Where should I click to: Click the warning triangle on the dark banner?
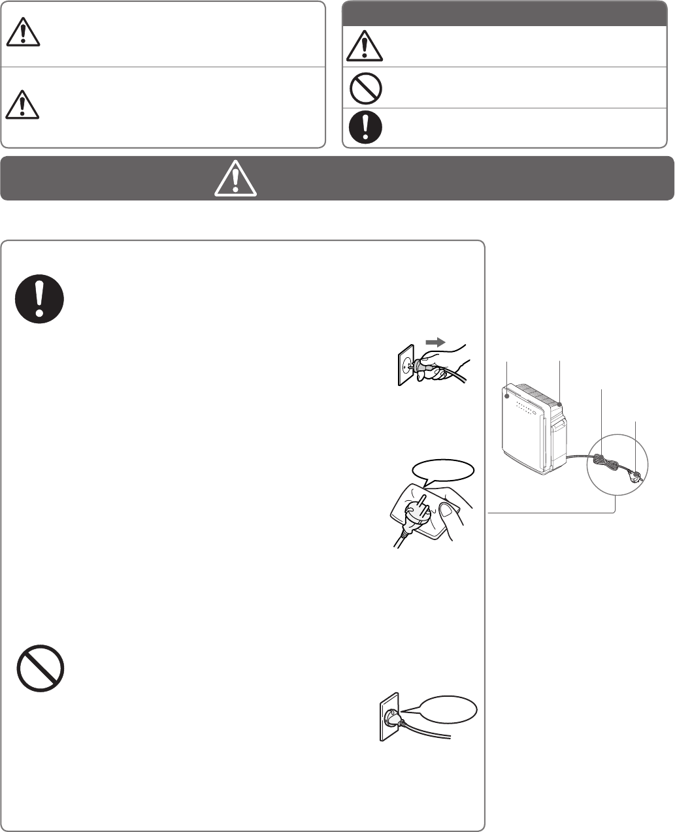pos(235,178)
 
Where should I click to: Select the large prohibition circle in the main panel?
pos(40,669)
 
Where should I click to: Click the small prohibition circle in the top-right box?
pos(365,88)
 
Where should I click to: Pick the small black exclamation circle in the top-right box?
pos(365,127)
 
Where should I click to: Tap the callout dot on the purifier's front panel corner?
pos(508,395)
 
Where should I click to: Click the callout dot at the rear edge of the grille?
pos(560,406)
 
